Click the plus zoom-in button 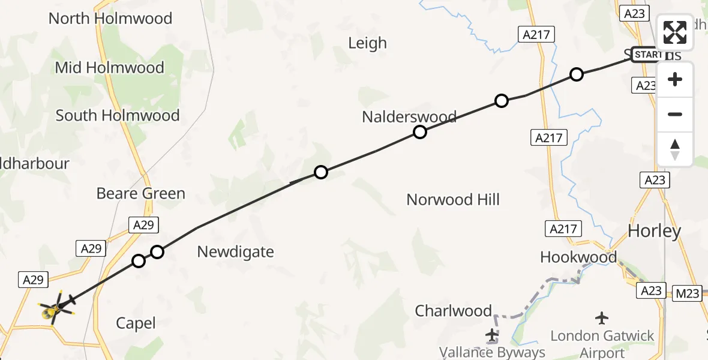coord(675,80)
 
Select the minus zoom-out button coord(675,115)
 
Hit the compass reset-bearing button coord(675,149)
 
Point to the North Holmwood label coord(110,19)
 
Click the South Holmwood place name coord(118,115)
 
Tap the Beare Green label coord(141,193)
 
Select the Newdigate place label coord(235,252)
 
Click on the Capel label coord(136,323)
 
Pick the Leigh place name coord(368,43)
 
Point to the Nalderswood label coord(409,116)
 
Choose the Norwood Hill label coord(453,200)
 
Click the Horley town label coord(654,231)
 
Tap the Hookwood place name coord(578,257)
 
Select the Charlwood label coord(454,311)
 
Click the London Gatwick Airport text coord(602,343)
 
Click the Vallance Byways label coord(492,352)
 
